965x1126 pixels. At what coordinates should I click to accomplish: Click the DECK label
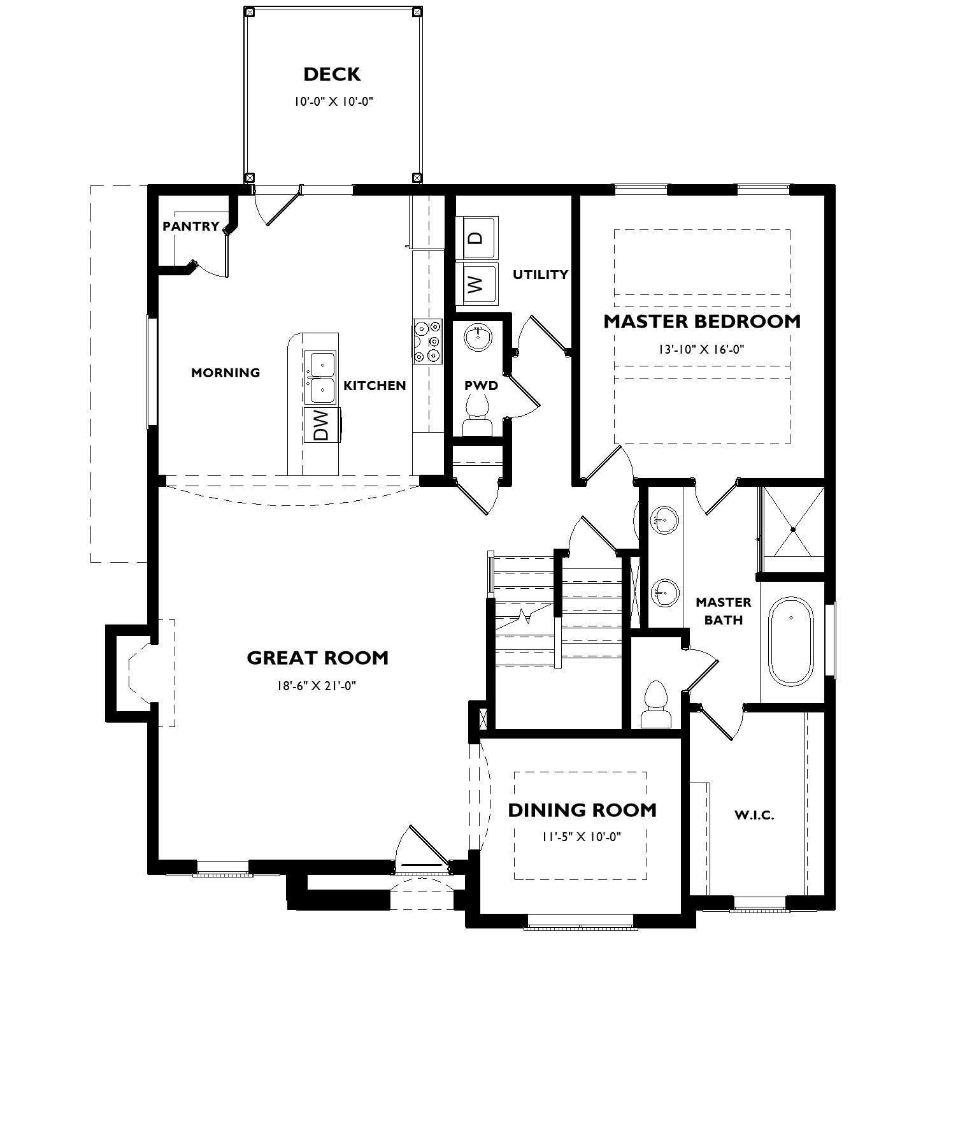[x=332, y=75]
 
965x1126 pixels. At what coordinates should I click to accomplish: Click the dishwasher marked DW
[x=322, y=425]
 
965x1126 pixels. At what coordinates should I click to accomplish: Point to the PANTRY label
[x=190, y=226]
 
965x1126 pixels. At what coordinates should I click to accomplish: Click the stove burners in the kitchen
[x=427, y=342]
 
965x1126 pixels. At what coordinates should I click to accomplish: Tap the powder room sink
[x=477, y=336]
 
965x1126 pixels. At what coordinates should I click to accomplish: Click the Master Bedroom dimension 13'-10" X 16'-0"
[x=701, y=349]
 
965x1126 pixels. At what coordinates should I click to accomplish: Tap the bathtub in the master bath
[x=791, y=641]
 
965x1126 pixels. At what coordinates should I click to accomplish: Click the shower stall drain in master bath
[x=793, y=530]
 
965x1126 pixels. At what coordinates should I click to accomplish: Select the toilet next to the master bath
[x=656, y=704]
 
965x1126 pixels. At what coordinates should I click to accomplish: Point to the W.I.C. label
[x=754, y=815]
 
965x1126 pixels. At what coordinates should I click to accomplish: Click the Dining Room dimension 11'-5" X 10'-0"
[x=582, y=837]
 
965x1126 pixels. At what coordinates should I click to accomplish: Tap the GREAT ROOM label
[x=317, y=658]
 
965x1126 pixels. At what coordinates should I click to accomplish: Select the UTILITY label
[x=540, y=275]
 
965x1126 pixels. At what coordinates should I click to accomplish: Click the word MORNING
[x=225, y=373]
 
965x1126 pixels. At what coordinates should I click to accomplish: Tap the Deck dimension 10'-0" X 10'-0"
[x=332, y=101]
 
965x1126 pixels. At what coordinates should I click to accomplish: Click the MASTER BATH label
[x=723, y=610]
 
